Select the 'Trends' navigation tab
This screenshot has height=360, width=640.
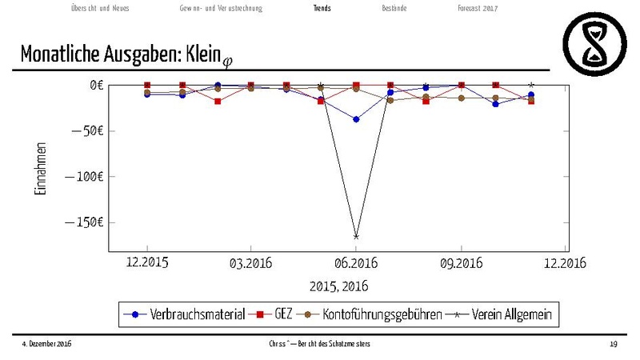pos(322,8)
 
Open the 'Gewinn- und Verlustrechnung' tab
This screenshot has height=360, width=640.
pos(221,8)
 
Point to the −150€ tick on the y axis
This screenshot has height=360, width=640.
pos(82,222)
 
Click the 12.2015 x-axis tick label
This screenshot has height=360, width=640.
pos(147,263)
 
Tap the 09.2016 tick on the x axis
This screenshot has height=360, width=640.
pos(462,263)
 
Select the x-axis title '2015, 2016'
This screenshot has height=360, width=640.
pos(339,286)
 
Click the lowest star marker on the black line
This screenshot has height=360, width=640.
pos(356,236)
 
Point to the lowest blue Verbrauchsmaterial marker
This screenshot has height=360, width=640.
pos(356,119)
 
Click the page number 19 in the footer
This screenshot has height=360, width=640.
pos(614,344)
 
